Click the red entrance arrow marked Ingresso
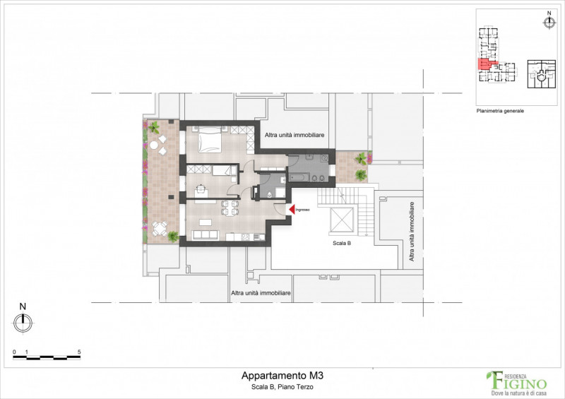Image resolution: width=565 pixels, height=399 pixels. (290, 210)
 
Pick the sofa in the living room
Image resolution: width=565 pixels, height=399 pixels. (206, 234)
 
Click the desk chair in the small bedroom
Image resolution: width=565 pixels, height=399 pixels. (201, 188)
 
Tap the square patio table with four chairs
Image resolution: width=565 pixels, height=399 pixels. (160, 228)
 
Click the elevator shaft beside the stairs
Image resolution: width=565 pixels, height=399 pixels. (342, 220)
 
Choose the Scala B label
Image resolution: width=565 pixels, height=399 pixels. (342, 243)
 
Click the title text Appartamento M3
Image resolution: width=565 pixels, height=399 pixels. (282, 376)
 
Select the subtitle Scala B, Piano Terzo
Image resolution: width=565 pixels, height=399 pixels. (282, 388)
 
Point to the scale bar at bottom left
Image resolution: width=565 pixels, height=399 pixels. (47, 357)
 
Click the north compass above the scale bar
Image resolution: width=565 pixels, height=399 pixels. (23, 322)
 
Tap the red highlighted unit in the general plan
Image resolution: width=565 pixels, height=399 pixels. (485, 65)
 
